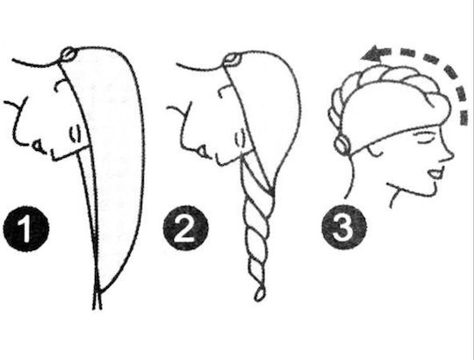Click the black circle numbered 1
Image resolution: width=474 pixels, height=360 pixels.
coord(26,228)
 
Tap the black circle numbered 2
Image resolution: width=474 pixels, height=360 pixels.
coord(185,228)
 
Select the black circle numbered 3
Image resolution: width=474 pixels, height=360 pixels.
coord(344,227)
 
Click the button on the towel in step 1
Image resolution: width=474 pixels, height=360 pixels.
coord(68,54)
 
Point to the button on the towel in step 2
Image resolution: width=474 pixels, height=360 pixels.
coord(231,60)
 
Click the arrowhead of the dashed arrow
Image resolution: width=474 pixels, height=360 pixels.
coord(372,54)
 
